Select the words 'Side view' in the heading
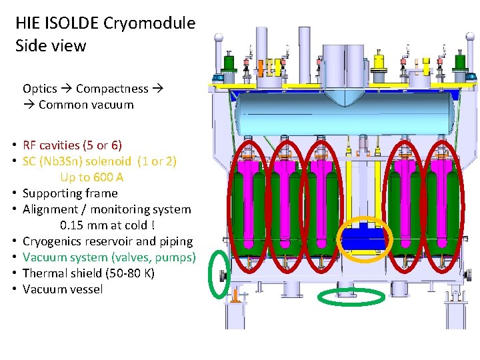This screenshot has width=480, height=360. (x=51, y=46)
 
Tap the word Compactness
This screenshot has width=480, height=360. (x=112, y=89)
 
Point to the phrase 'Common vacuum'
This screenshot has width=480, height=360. (x=86, y=105)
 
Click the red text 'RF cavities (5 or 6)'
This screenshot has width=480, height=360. (x=72, y=145)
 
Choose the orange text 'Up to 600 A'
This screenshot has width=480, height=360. (x=92, y=177)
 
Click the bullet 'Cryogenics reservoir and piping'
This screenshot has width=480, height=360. (x=107, y=241)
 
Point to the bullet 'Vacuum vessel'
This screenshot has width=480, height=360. (x=63, y=289)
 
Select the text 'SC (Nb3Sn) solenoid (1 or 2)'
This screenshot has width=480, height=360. (x=99, y=161)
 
